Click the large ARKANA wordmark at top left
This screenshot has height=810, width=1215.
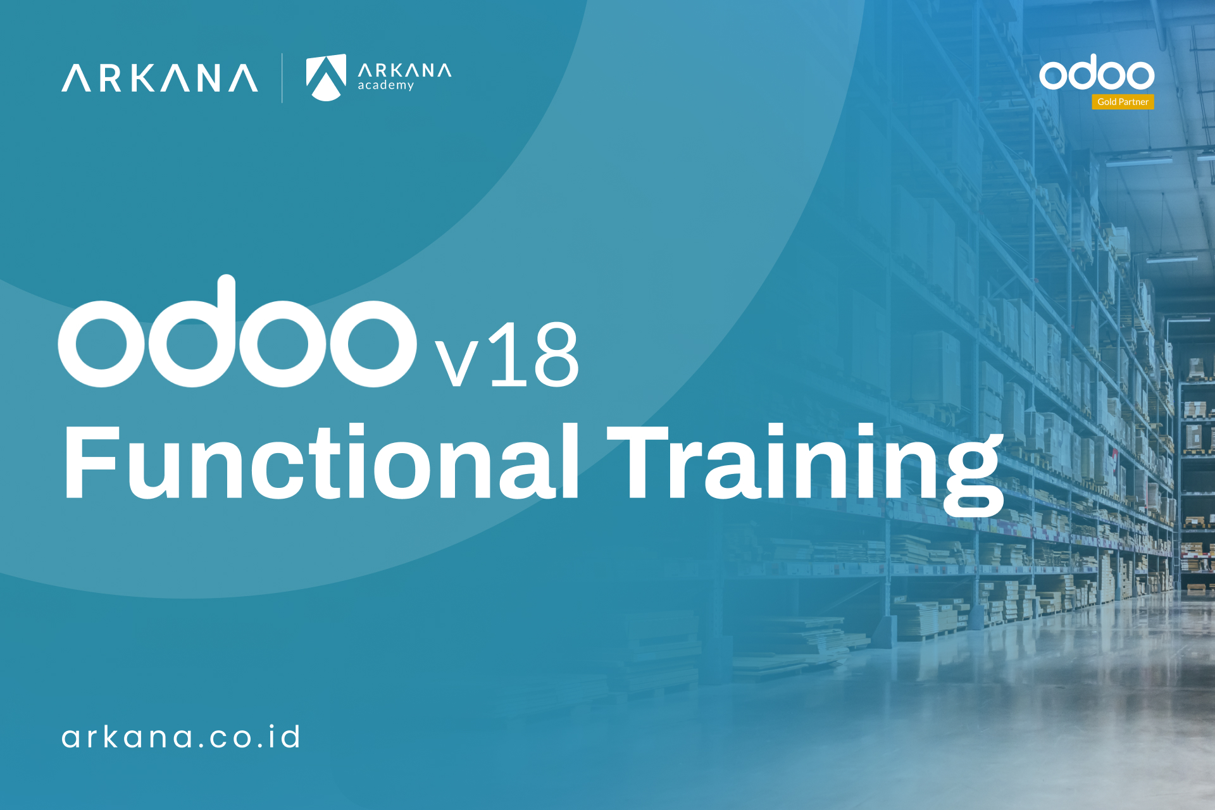pos(159,78)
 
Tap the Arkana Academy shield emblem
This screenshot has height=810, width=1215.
pos(326,77)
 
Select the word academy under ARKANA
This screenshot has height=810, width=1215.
pos(385,85)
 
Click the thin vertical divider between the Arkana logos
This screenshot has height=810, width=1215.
pos(282,78)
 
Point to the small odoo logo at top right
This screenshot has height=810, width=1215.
pos(1096,73)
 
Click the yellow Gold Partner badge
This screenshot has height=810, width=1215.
pos(1123,102)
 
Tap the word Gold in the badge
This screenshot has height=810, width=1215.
pos(1107,102)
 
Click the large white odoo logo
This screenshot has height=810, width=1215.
pos(237,335)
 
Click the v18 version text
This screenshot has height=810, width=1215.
pos(506,356)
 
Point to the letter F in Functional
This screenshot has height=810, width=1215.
pos(91,462)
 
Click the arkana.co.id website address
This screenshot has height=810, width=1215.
pos(181,737)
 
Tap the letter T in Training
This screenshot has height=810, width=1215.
pos(638,462)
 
